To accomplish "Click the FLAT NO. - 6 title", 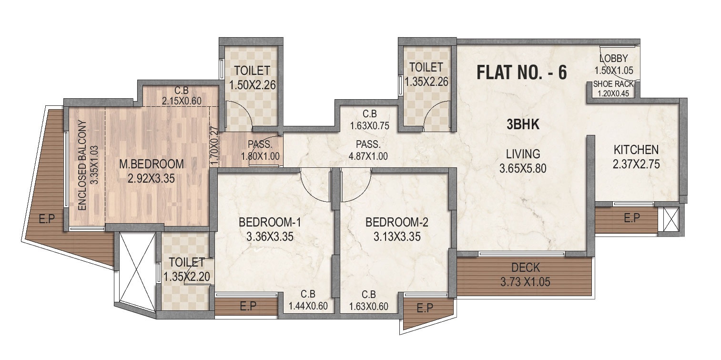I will [522, 73].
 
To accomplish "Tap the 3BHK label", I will [523, 125].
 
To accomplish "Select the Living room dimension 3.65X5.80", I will [523, 168].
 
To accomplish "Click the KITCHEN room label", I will [636, 150].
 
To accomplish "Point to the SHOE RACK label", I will [613, 84].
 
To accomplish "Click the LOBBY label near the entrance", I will [613, 59].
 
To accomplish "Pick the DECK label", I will [526, 268].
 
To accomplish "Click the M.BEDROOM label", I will [152, 165].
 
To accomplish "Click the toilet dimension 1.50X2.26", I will [253, 86].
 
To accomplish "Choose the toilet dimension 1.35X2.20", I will [186, 277].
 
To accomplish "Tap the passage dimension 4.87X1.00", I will [368, 155].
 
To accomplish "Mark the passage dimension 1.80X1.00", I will [260, 155].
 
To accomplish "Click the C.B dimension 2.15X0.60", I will [181, 101].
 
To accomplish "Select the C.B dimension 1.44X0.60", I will [308, 306].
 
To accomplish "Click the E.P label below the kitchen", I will [631, 218].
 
